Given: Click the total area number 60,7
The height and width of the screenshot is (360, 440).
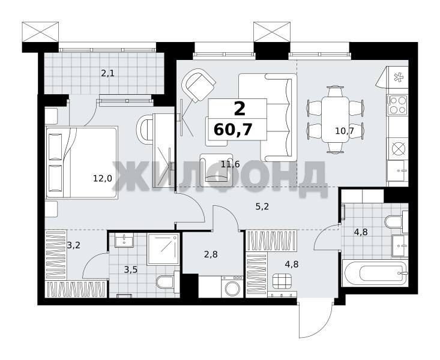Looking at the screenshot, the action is [233, 130].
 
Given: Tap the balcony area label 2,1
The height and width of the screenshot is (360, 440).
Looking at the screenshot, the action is [108, 74].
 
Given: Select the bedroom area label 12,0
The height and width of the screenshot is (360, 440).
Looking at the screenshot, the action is [103, 178].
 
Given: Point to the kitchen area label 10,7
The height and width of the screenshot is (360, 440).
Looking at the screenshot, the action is [345, 130].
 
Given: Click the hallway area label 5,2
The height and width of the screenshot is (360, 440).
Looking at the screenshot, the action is [262, 207].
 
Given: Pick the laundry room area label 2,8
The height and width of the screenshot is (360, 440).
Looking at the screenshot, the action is [211, 255].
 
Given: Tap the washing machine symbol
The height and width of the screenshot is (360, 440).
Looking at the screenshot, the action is [232, 286].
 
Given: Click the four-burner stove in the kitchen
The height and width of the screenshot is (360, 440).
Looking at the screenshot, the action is [397, 104].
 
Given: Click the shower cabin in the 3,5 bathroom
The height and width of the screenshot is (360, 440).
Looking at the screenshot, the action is [163, 249].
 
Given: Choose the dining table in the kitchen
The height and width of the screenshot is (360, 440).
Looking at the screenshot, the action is [335, 119].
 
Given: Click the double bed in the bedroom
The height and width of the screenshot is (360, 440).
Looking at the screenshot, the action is [82, 163].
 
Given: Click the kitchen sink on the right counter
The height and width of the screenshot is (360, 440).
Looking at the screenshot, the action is [397, 170].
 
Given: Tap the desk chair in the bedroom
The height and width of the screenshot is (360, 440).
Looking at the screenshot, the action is [145, 130].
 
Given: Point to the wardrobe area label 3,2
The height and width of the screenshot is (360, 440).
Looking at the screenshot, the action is [73, 245].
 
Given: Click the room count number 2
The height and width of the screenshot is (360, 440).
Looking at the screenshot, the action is [240, 109].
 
